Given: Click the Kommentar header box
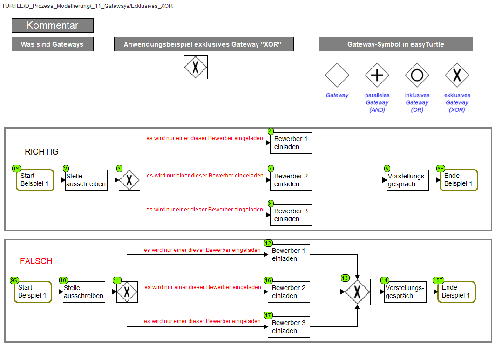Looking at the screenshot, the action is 53,25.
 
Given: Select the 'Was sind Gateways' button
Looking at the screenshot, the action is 53,44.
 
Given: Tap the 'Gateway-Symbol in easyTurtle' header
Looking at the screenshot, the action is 396,44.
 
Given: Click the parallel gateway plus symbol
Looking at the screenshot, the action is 377,75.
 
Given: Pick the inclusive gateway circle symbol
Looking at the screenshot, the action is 417,75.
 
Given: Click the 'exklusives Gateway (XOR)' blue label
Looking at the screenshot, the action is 457,102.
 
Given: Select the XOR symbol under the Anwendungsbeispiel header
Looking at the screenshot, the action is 196,67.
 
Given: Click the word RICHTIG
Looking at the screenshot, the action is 41,152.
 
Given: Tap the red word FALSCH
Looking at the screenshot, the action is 36,261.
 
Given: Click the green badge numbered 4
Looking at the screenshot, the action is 271,131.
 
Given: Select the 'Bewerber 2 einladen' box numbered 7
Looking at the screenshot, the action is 291,180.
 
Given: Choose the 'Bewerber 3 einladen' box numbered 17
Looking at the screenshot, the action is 289,327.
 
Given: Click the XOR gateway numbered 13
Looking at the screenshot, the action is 357,292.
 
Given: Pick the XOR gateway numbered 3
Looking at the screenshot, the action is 129,180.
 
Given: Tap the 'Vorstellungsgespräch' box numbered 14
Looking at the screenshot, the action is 405,292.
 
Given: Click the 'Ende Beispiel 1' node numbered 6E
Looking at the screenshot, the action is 459,180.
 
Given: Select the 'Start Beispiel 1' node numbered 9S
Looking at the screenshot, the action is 33,292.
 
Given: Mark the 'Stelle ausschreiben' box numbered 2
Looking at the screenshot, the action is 86,180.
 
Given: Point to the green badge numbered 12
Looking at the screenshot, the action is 268,243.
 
